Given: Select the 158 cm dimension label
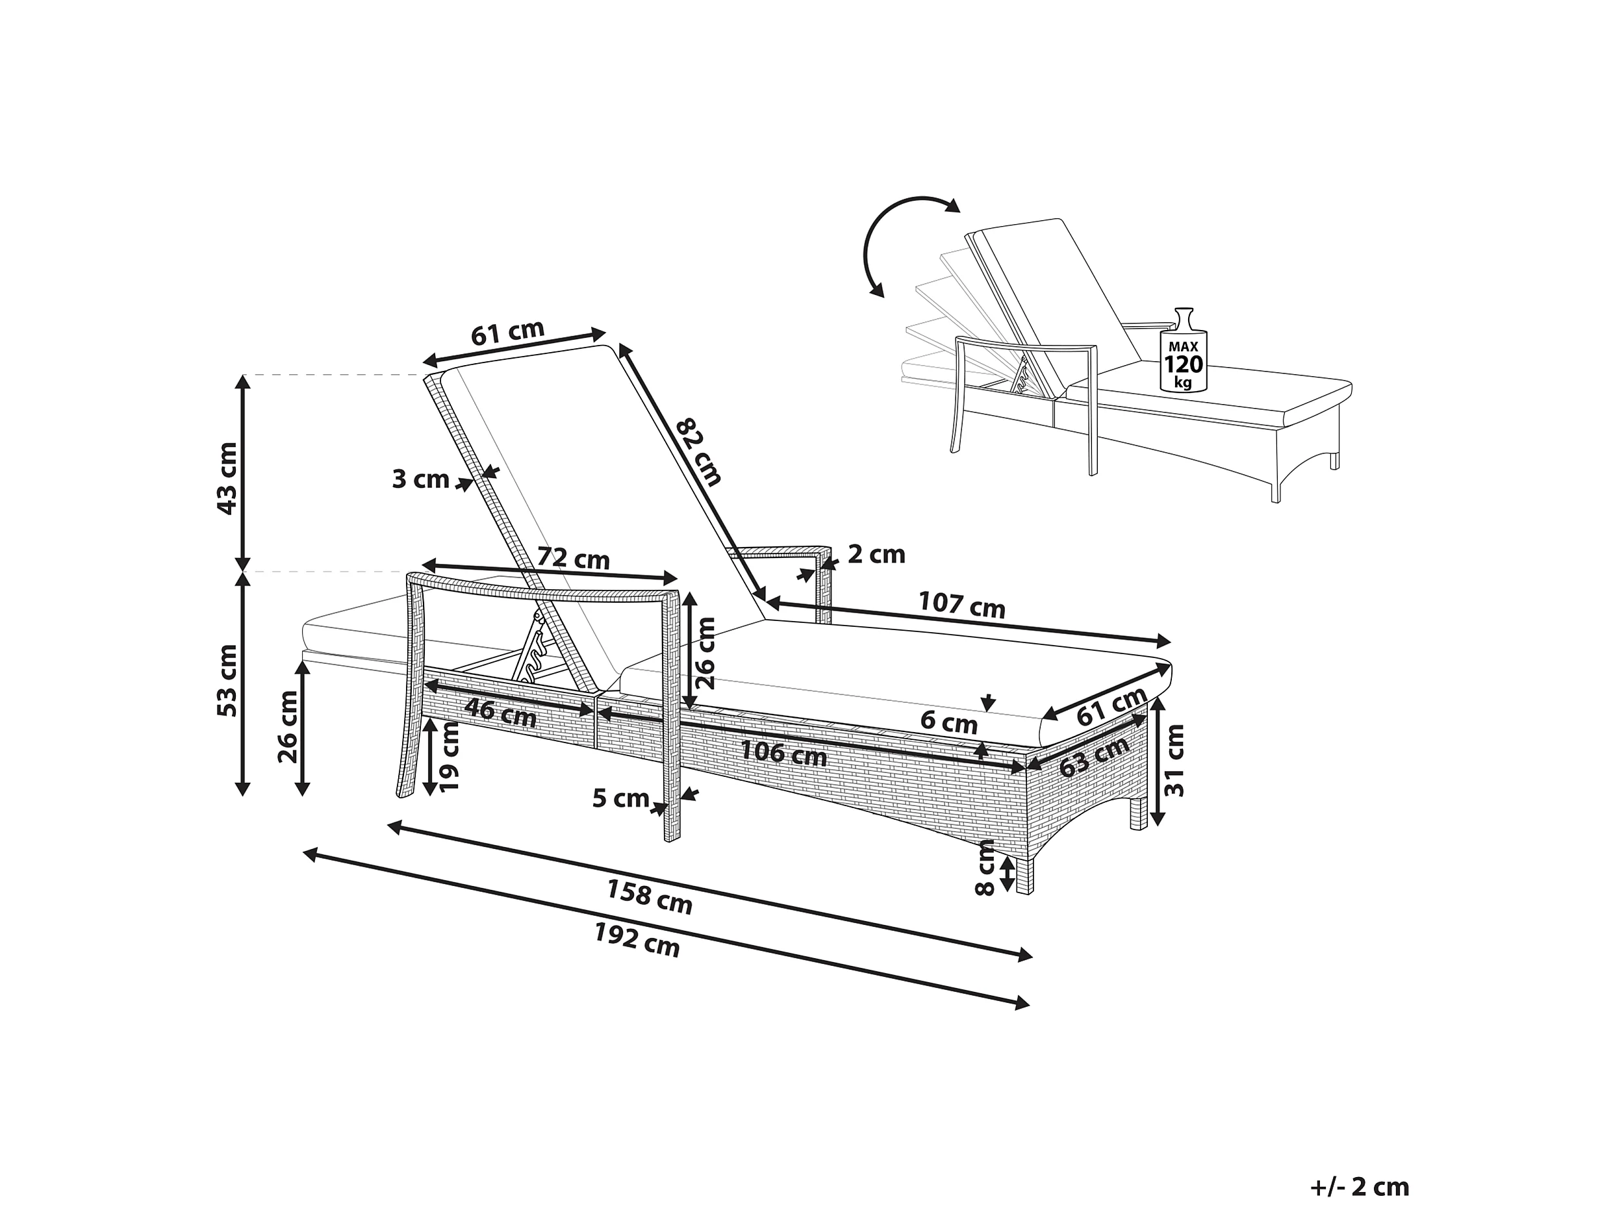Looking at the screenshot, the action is click(649, 897).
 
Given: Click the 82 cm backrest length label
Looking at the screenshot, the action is click(698, 452).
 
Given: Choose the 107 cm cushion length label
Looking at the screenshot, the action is click(962, 605).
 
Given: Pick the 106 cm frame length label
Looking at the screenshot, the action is click(783, 754).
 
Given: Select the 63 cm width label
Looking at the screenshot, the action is click(1094, 757).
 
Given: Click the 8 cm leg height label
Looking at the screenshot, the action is click(985, 869).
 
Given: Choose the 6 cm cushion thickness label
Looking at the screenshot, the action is click(948, 723).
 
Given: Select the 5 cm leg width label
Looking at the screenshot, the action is click(620, 798).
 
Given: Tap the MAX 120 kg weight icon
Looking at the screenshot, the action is click(1183, 352).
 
